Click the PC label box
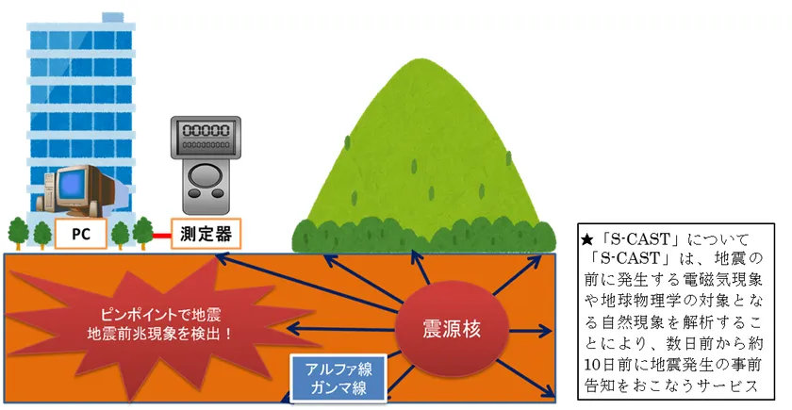point(81,234)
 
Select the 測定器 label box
point(206,234)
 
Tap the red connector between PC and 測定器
point(161,236)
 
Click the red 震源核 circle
point(451,329)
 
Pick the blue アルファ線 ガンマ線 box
point(338,379)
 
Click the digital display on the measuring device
point(206,131)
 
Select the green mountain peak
point(422,60)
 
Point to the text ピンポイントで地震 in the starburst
point(161,316)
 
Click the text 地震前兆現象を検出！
point(161,335)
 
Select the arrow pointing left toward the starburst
point(341,330)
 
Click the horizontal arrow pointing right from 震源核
point(530,332)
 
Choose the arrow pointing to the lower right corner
point(525,378)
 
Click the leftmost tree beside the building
point(19,234)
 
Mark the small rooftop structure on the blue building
point(113,18)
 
